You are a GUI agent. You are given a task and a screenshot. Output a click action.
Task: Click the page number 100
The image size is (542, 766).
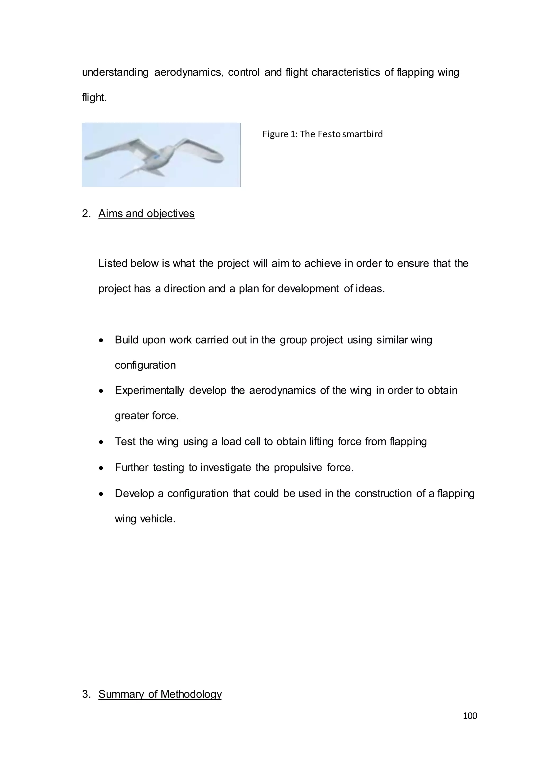470,716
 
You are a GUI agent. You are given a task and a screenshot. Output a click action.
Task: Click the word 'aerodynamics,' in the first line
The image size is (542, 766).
189,72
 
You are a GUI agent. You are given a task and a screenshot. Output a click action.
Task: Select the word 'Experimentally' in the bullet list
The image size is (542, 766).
149,390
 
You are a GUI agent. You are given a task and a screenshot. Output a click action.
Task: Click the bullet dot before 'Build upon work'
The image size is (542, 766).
101,341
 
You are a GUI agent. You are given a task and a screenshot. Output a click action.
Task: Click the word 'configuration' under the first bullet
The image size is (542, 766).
145,365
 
